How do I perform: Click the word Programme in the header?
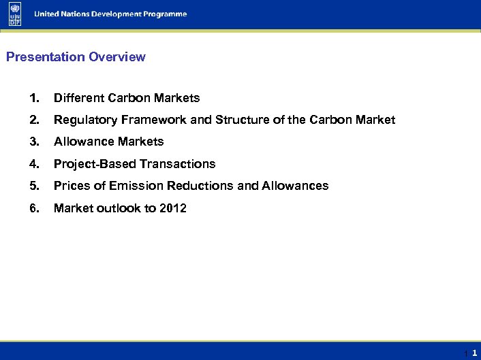163,14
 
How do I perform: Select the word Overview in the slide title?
117,57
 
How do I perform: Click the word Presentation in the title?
46,57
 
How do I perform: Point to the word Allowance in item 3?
84,142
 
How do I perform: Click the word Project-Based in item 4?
95,164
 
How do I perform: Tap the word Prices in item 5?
71,186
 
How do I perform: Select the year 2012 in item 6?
173,208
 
